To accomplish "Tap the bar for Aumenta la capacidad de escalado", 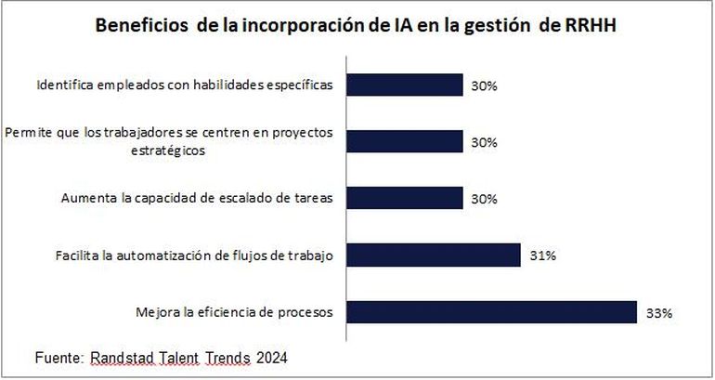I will pyautogui.click(x=404, y=198).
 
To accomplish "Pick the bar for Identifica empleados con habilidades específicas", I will pyautogui.click(x=404, y=85).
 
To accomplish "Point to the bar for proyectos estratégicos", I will pyautogui.click(x=404, y=141).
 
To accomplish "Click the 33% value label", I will pyautogui.click(x=658, y=314).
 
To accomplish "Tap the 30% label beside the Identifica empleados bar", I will pyautogui.click(x=484, y=85).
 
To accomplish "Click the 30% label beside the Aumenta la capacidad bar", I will pyautogui.click(x=484, y=199).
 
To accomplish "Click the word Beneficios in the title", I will pyautogui.click(x=140, y=27).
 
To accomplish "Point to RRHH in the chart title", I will pyautogui.click(x=590, y=27).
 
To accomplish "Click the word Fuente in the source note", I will pyautogui.click(x=58, y=357).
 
